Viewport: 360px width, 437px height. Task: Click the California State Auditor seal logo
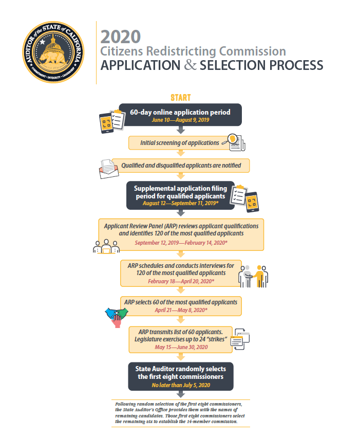point(53,52)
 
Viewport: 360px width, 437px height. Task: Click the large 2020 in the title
point(121,37)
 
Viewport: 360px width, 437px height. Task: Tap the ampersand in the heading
point(190,65)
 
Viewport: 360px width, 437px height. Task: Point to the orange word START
point(180,98)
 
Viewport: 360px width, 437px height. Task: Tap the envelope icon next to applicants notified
point(108,169)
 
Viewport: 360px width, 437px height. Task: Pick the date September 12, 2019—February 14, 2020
point(181,242)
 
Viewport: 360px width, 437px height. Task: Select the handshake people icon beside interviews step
point(254,276)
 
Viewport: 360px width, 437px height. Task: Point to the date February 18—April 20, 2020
point(181,282)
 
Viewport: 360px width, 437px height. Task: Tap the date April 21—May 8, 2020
point(181,311)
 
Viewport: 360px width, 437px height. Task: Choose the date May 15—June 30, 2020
point(181,347)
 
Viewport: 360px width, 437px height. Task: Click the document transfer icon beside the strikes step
point(240,340)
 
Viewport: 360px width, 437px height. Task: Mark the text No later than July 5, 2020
point(181,385)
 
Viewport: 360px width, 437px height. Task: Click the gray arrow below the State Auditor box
point(180,394)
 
